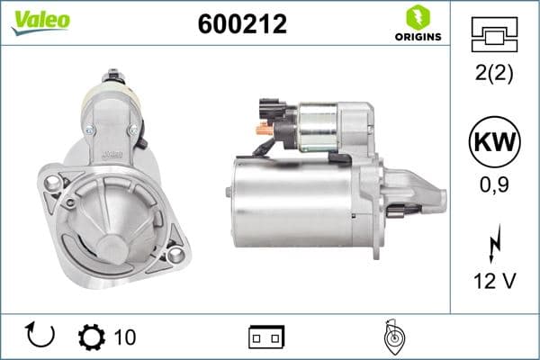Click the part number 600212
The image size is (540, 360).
click(x=242, y=24)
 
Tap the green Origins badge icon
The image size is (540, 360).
click(x=417, y=17)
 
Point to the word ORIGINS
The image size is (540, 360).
click(x=417, y=37)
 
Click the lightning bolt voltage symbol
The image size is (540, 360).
click(x=492, y=243)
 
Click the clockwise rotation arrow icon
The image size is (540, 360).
click(x=41, y=336)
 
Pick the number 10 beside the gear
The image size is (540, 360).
click(x=125, y=337)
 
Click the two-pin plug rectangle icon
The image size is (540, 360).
click(x=266, y=337)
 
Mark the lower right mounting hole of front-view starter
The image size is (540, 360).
click(x=175, y=256)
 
